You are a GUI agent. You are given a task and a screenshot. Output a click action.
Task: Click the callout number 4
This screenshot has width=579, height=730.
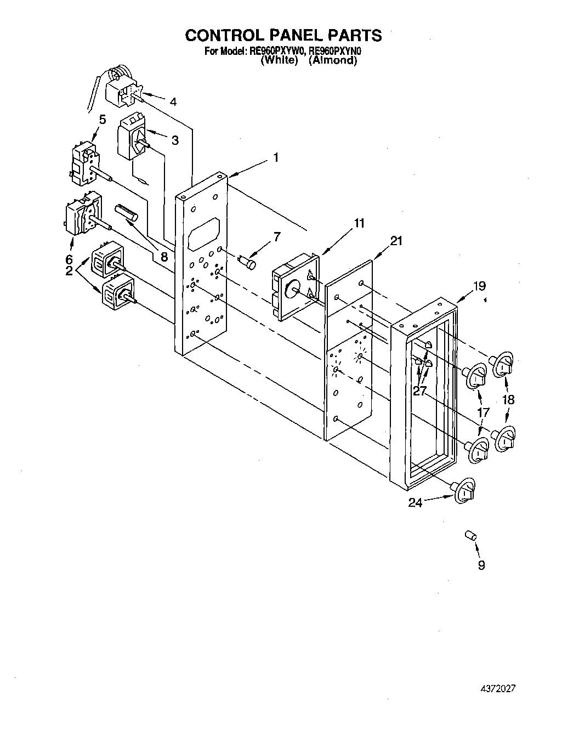(x=173, y=101)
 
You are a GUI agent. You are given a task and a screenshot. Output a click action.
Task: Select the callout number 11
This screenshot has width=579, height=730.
(x=359, y=223)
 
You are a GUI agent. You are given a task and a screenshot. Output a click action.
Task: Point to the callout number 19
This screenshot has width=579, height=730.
(x=479, y=286)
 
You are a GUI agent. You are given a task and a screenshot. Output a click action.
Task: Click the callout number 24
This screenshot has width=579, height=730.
(x=415, y=502)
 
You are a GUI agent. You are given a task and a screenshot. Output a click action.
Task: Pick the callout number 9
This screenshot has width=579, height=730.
(x=481, y=565)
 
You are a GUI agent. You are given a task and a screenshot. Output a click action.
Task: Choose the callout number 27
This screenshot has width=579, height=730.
(x=419, y=391)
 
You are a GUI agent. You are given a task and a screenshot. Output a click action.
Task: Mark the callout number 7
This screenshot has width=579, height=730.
(x=277, y=237)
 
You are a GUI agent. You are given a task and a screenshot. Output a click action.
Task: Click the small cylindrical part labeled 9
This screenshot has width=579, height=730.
(x=470, y=535)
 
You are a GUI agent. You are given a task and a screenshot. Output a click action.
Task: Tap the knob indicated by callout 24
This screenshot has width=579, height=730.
(x=464, y=489)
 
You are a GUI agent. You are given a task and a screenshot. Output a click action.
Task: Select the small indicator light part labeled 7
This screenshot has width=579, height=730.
(x=249, y=262)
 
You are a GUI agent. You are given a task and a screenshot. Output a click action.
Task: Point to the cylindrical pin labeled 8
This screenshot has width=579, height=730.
(x=127, y=213)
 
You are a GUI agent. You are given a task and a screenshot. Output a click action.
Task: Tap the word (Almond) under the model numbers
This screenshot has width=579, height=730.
(x=332, y=61)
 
